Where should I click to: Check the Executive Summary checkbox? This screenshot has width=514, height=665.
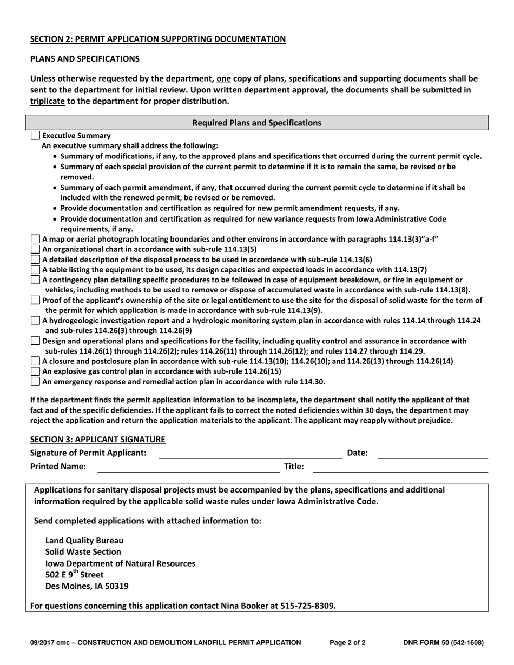35,136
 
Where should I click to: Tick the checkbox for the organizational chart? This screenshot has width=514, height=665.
35,249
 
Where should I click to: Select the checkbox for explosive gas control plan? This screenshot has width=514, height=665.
35,371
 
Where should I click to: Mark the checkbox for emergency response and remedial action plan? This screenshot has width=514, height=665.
35,382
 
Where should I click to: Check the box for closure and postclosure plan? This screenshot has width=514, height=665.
35,361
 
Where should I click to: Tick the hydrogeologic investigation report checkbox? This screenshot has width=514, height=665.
35,321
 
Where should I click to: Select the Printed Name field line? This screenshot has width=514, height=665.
188,467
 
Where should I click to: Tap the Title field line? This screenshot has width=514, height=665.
400,467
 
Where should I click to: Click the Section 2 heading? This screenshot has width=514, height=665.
158,39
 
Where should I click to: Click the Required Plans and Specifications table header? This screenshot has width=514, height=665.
257,123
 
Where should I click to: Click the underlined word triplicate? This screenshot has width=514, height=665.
47,101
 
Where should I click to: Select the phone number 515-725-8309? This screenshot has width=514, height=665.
307,606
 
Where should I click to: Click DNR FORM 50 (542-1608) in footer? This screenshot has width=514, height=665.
443,643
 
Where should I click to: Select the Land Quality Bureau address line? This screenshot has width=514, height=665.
84,540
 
